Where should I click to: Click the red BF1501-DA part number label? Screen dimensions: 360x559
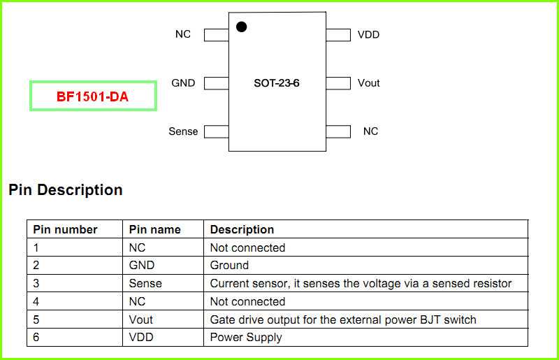(93, 96)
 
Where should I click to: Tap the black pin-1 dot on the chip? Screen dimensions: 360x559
(241, 27)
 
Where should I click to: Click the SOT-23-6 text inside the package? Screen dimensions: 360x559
(277, 83)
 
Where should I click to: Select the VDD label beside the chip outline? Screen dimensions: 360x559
(368, 34)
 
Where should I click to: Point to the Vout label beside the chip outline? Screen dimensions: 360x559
(368, 83)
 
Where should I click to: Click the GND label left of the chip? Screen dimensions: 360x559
(183, 83)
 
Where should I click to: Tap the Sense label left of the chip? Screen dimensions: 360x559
(183, 131)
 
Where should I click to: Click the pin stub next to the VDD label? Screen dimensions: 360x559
(338, 35)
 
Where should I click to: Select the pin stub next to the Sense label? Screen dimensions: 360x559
(216, 131)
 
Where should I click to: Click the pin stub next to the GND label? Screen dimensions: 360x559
(216, 83)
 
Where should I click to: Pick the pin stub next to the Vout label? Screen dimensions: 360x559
(338, 83)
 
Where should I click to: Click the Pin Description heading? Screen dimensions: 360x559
(66, 190)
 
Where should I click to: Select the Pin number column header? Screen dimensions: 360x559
(66, 229)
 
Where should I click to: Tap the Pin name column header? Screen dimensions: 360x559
(155, 229)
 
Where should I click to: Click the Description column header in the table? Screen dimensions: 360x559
(242, 229)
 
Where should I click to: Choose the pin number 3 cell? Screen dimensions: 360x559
(36, 284)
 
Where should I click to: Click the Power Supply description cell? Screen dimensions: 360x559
(246, 338)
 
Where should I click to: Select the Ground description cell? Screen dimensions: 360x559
(229, 266)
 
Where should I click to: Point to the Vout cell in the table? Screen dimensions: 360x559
(141, 319)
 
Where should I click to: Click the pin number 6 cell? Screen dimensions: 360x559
(36, 338)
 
